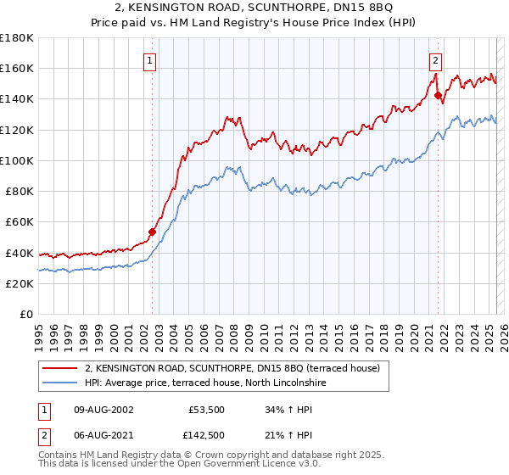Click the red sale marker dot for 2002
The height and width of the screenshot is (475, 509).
[153, 231]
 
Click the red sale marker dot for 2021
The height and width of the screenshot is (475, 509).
[439, 95]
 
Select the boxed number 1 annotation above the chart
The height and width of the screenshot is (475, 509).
[149, 60]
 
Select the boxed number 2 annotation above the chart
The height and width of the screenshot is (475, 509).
[435, 60]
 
